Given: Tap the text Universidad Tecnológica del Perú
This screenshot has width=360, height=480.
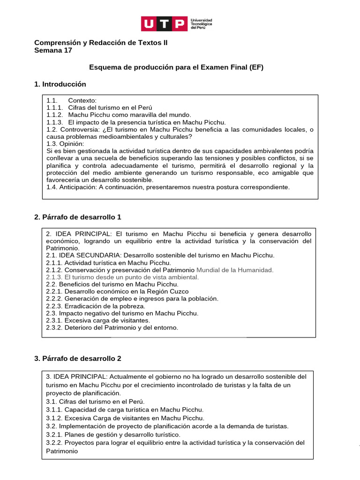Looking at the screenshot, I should pyautogui.click(x=201, y=24).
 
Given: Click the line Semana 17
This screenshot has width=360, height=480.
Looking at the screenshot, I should pyautogui.click(x=53, y=51).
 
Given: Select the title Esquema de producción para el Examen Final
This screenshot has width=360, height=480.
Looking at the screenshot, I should pyautogui.click(x=176, y=67).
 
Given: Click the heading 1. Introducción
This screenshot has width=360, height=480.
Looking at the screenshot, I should pyautogui.click(x=60, y=84).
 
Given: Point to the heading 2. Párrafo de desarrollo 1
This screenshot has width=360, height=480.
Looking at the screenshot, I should pyautogui.click(x=78, y=217).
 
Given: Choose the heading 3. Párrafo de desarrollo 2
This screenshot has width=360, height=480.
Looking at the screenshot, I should pyautogui.click(x=78, y=358).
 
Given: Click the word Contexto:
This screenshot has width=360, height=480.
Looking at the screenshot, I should pyautogui.click(x=82, y=101).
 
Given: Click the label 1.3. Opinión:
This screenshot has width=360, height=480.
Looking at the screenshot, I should pyautogui.click(x=65, y=143).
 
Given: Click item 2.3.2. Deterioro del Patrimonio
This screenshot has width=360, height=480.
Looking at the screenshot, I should pyautogui.click(x=112, y=327).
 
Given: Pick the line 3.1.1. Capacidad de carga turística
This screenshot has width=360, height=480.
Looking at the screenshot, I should pyautogui.click(x=125, y=409).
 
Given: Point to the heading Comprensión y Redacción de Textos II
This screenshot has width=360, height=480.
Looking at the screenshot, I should pyautogui.click(x=101, y=43).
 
